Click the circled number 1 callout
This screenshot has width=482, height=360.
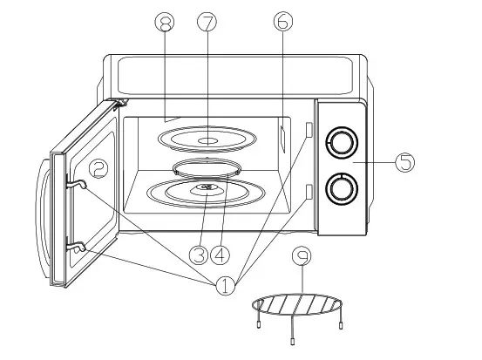[225, 285]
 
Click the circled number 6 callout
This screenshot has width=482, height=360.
[281, 23]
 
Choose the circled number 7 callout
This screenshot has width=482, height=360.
[207, 23]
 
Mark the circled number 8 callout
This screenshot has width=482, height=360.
[161, 23]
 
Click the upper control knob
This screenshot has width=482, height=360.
[342, 141]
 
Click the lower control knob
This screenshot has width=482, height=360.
[342, 187]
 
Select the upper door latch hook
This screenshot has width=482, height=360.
[78, 183]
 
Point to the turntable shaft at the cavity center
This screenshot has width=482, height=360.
[206, 187]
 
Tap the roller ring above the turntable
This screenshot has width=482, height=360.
[206, 167]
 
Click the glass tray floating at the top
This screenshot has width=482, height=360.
[207, 139]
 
